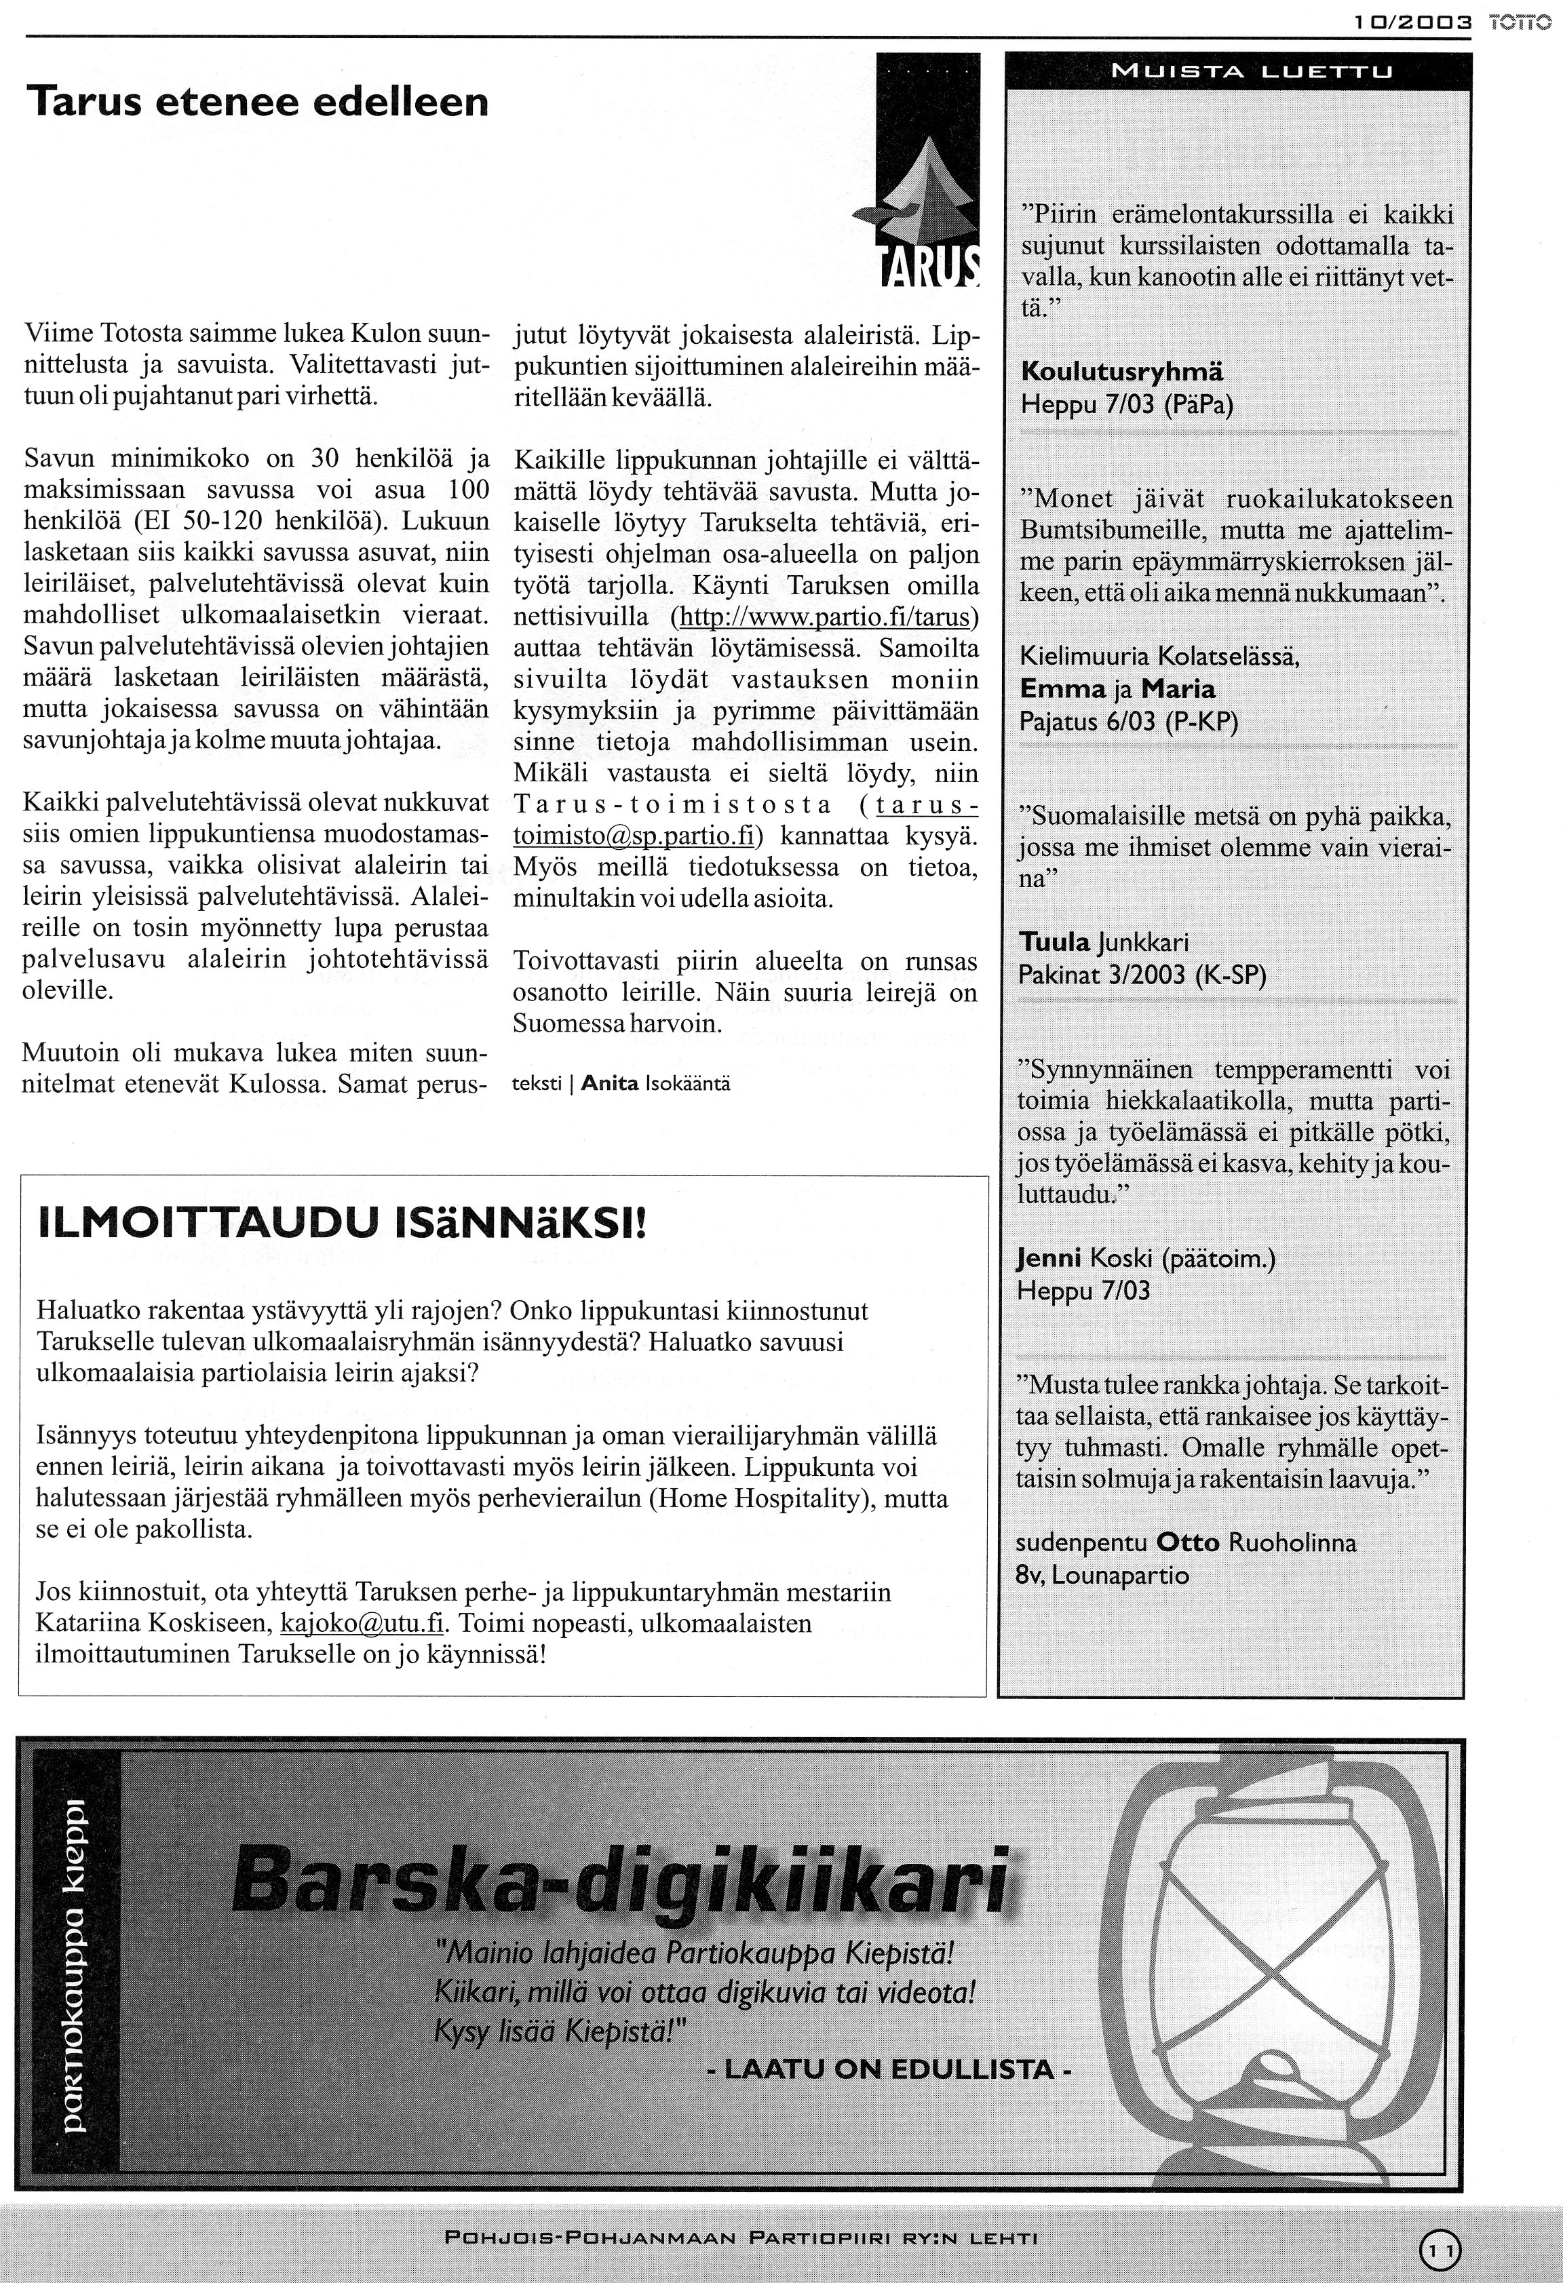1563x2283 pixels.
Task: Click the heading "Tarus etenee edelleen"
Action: tap(257, 101)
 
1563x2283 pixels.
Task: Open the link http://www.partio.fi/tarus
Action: tap(824, 618)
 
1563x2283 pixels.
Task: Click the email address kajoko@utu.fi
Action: tap(362, 1623)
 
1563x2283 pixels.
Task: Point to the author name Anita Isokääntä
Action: tap(655, 1084)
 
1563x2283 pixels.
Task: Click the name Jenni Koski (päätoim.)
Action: tap(1146, 1258)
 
